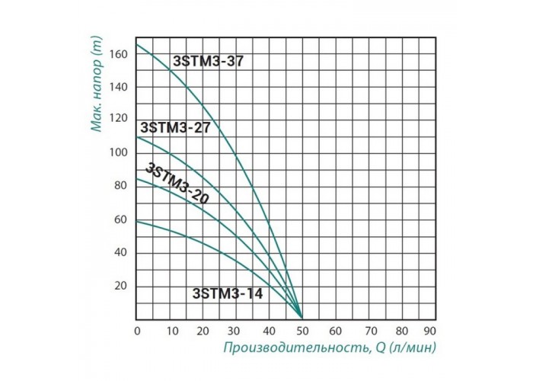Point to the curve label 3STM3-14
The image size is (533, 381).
228,293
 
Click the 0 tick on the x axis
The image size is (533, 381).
136,331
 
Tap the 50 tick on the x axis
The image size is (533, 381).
302,331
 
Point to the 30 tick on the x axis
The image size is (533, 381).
235,331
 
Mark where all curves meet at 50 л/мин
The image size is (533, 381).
302,316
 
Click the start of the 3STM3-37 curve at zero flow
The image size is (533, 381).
137,44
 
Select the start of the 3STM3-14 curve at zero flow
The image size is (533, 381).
137,221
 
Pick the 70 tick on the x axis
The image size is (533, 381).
368,331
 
